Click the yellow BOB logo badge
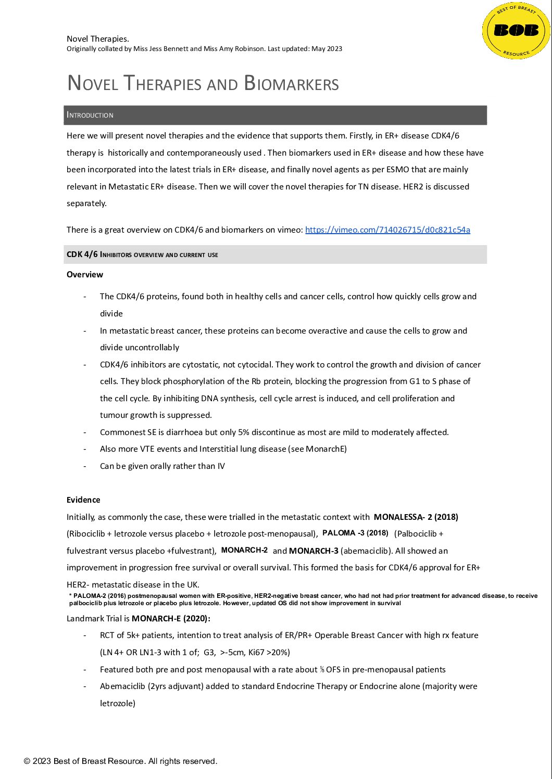pos(516,31)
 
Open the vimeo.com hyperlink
pos(387,229)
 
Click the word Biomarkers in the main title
pos(291,83)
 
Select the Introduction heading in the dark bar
pos(90,115)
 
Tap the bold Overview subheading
pos(85,274)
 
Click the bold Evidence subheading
pos(83,500)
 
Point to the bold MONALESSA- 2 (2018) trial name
pos(416,517)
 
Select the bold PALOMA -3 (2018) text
pos(355,533)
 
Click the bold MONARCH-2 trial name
pos(244,550)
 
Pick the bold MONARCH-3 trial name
pos(313,551)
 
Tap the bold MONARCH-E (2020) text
pos(171,618)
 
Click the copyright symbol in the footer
pos(27,761)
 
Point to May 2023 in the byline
pos(327,49)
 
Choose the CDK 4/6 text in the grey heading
pos(82,254)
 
